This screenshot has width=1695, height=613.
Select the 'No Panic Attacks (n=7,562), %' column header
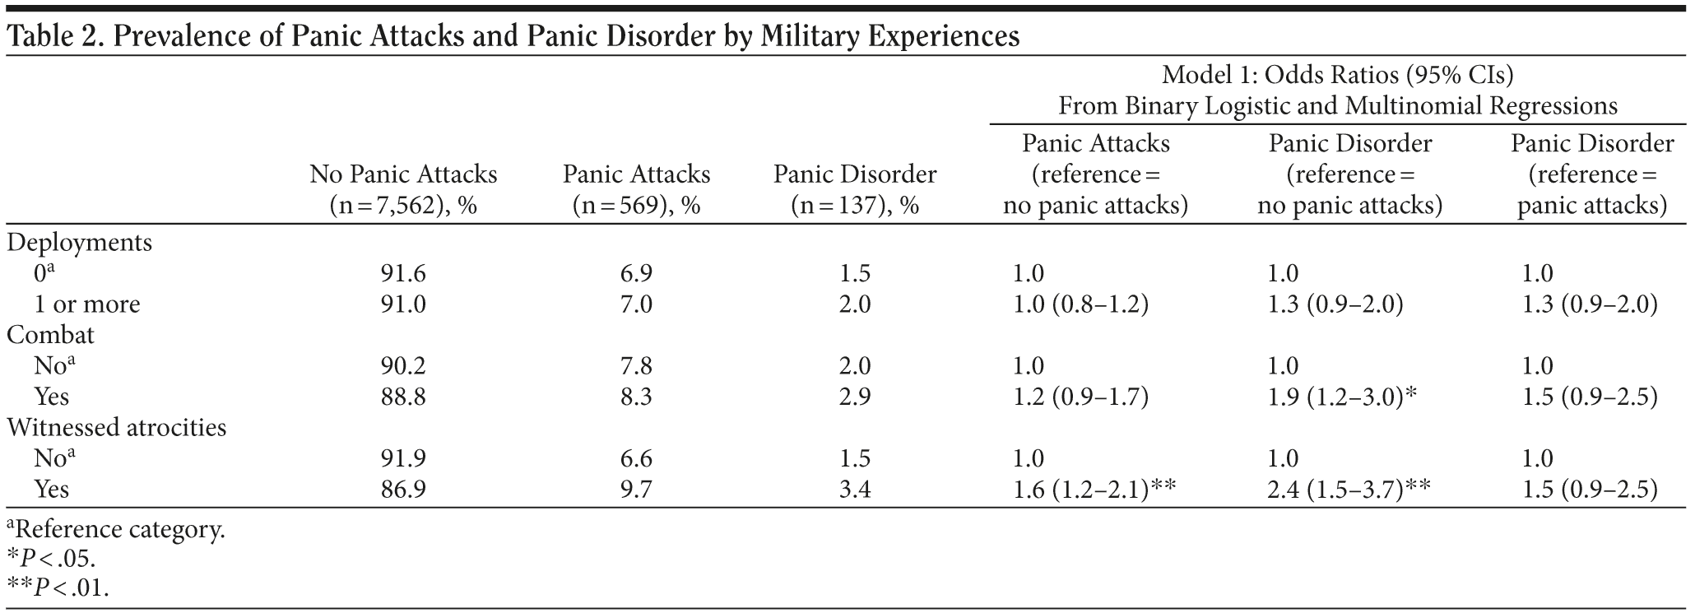point(403,189)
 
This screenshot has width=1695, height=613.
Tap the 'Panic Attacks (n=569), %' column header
point(636,189)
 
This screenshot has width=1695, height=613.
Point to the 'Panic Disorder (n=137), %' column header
point(854,189)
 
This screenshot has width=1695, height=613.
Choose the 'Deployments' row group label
point(80,243)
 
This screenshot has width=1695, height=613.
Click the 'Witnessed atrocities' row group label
point(116,428)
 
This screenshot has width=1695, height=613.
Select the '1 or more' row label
point(87,304)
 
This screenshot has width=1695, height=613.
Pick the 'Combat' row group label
point(50,335)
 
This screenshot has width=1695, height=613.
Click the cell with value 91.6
point(403,274)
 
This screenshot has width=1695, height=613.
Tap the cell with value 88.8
point(403,397)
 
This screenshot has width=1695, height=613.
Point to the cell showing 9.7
point(636,490)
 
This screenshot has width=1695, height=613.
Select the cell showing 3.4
point(854,490)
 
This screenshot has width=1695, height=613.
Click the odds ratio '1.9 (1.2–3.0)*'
point(1342,397)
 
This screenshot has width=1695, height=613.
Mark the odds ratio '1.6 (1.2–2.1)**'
point(1094,490)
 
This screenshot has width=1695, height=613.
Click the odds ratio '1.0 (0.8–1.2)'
point(1080,304)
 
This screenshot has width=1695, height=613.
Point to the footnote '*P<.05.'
point(51,559)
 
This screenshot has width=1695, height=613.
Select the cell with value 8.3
point(636,397)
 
